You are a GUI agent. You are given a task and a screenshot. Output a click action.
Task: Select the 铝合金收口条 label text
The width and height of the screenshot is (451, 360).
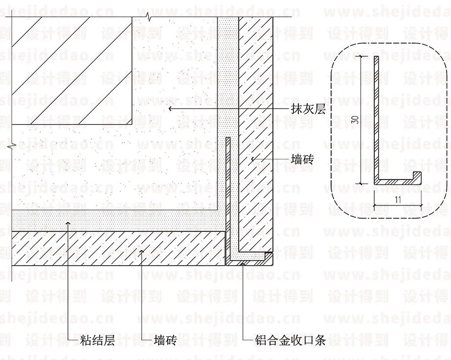click(290, 340)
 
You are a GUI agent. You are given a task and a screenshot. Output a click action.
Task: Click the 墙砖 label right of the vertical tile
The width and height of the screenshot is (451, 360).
click(302, 159)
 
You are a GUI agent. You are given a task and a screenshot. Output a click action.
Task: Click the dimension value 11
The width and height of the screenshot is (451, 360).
click(397, 199)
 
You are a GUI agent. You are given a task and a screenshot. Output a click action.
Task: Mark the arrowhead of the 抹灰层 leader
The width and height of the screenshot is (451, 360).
click(170, 109)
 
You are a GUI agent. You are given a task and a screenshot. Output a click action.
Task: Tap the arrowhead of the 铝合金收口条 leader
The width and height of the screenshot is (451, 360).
click(243, 263)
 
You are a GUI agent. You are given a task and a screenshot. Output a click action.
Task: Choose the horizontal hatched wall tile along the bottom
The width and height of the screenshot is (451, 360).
click(117, 247)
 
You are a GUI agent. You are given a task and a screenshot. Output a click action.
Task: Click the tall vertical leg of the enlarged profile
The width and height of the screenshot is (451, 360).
click(376, 117)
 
